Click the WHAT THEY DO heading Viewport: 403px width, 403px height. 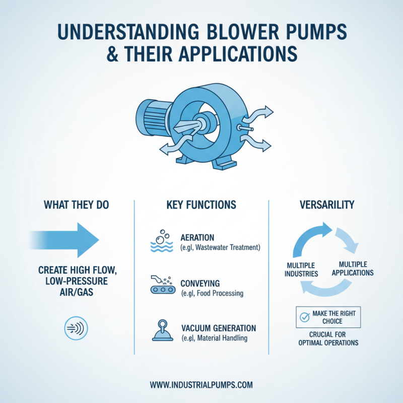click(x=77, y=205)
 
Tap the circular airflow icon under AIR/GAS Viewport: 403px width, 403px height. click(x=77, y=328)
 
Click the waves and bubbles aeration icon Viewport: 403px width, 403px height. click(x=161, y=241)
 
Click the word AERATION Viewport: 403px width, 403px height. click(x=197, y=237)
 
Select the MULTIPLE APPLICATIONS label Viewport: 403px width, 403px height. click(x=356, y=268)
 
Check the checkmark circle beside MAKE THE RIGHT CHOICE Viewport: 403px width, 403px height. click(x=304, y=317)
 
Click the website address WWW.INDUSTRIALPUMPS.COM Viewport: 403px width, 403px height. click(x=201, y=384)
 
